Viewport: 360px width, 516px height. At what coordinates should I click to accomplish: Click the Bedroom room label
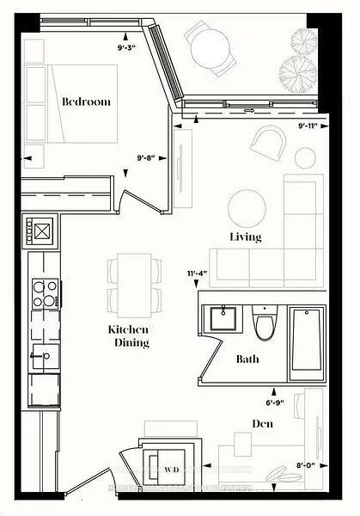pyautogui.click(x=86, y=101)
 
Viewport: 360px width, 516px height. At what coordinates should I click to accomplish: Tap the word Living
pyautogui.click(x=245, y=236)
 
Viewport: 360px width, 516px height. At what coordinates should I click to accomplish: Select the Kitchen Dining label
pyautogui.click(x=129, y=336)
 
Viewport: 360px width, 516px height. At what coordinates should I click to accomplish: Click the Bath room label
pyautogui.click(x=247, y=359)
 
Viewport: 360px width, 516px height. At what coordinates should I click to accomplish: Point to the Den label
pyautogui.click(x=263, y=423)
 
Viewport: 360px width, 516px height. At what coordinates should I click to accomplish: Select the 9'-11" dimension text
pyautogui.click(x=308, y=126)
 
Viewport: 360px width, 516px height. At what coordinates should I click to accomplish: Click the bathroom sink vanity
pyautogui.click(x=226, y=318)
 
